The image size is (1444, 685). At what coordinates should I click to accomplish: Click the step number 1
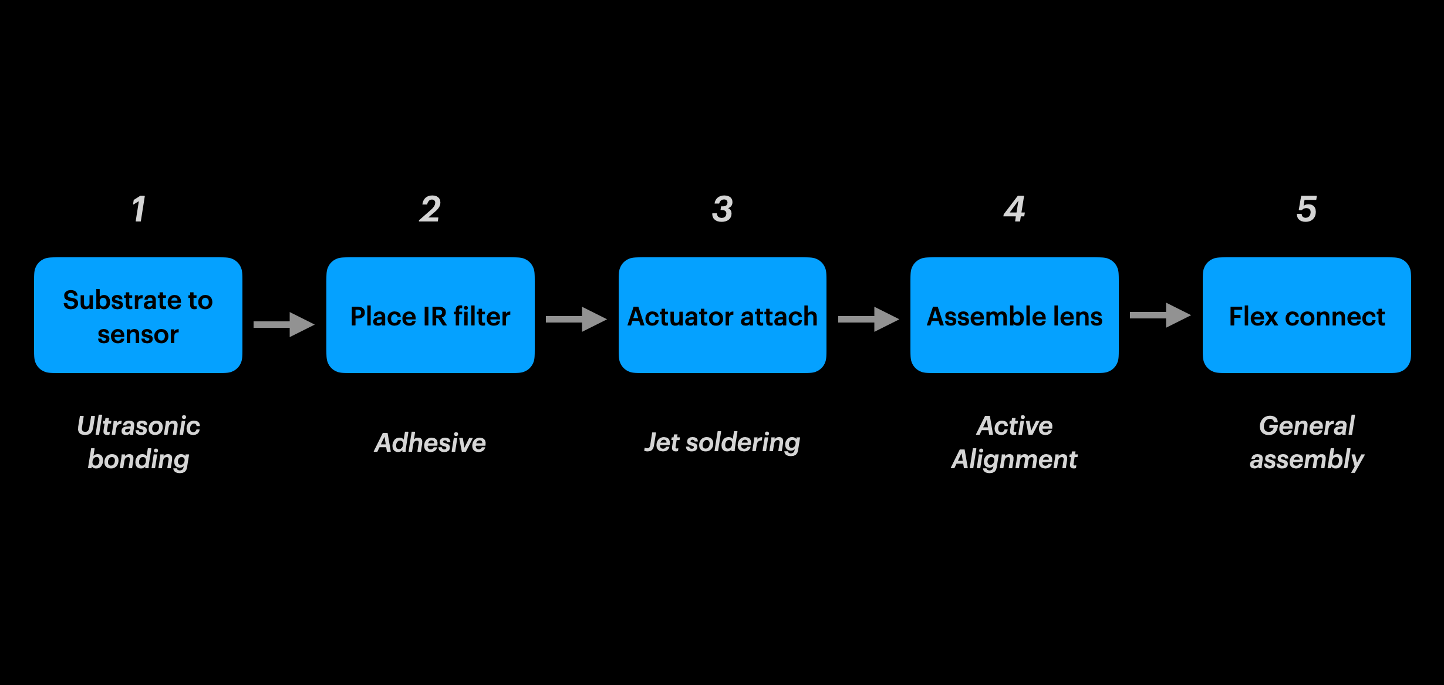139,209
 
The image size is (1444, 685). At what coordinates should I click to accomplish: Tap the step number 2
430,209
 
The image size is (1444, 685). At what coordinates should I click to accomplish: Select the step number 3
722,209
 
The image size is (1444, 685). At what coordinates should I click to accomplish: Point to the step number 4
1014,209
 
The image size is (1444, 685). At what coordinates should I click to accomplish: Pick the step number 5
1307,209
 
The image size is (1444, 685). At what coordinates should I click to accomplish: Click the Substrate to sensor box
138,315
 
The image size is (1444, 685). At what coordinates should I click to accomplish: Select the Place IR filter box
430,315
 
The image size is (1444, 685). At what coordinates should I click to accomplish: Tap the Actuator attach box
722,315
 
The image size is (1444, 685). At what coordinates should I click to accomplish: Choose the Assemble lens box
1014,315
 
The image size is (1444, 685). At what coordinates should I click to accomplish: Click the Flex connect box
1307,315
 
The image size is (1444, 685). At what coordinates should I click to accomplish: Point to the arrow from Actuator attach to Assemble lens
868,319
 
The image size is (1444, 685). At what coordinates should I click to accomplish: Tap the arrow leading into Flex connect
1160,315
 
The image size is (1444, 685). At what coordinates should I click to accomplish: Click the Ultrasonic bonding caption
139,442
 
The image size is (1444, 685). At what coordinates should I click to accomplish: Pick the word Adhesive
430,443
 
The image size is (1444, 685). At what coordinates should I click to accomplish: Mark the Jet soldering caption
722,443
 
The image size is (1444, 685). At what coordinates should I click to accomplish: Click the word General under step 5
1307,426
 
